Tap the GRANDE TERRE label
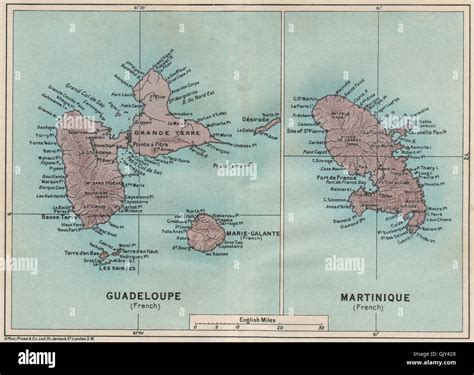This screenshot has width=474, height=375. (177, 131)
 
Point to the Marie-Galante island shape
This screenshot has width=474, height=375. (207, 233)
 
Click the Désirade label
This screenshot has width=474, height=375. (257, 117)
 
